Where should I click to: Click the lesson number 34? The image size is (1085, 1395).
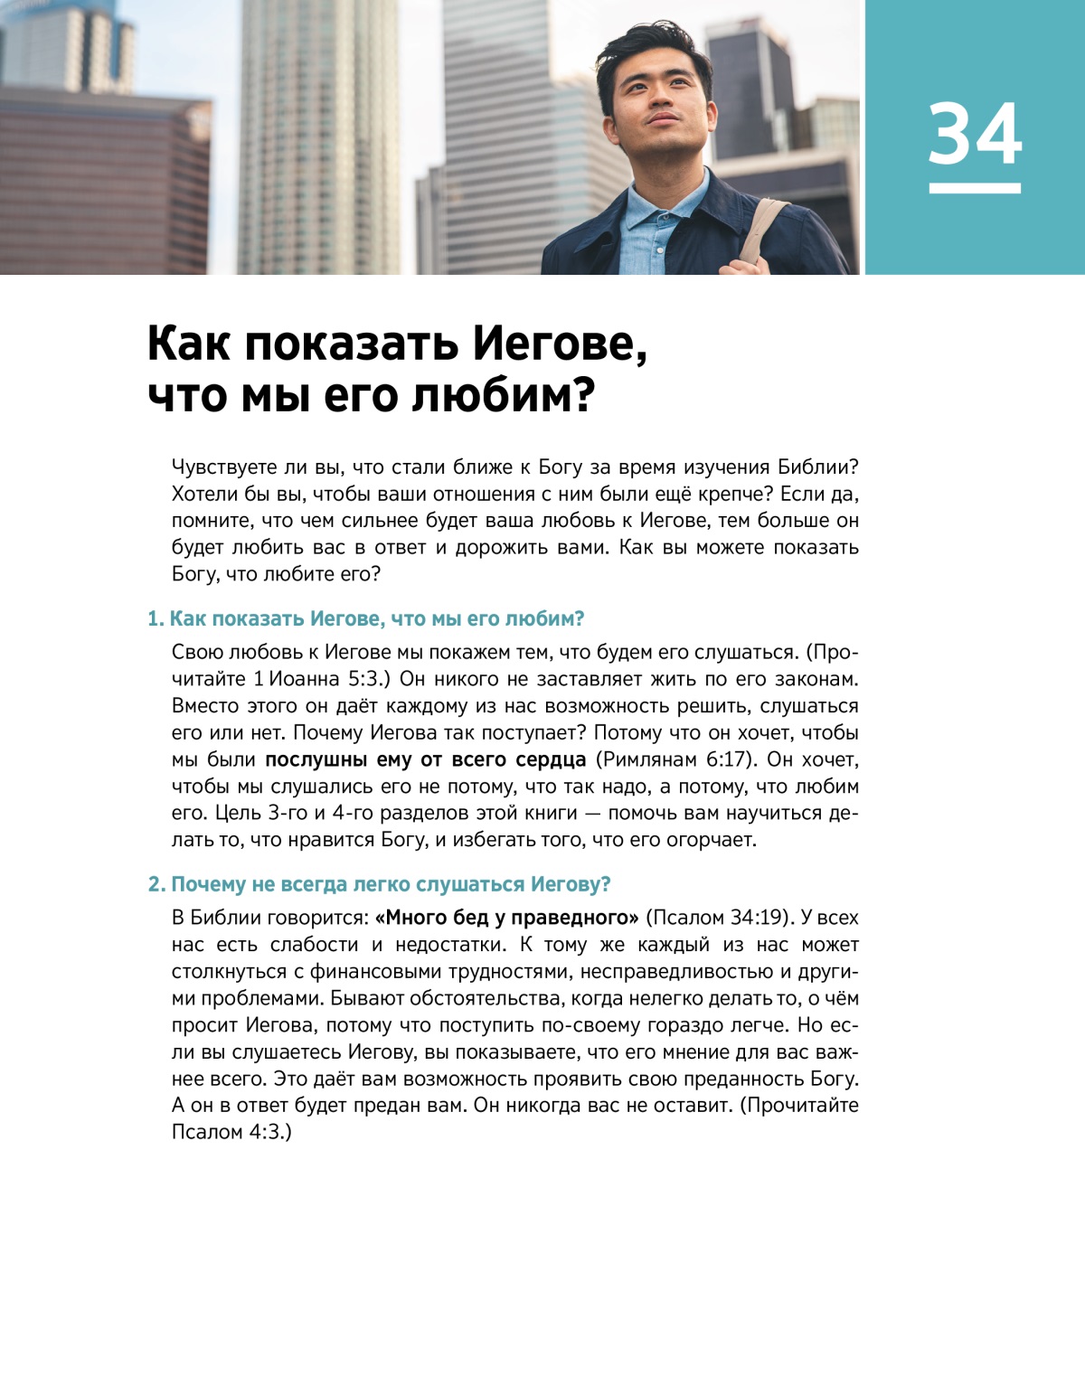click(x=975, y=135)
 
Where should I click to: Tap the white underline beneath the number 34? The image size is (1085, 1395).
click(x=975, y=188)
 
